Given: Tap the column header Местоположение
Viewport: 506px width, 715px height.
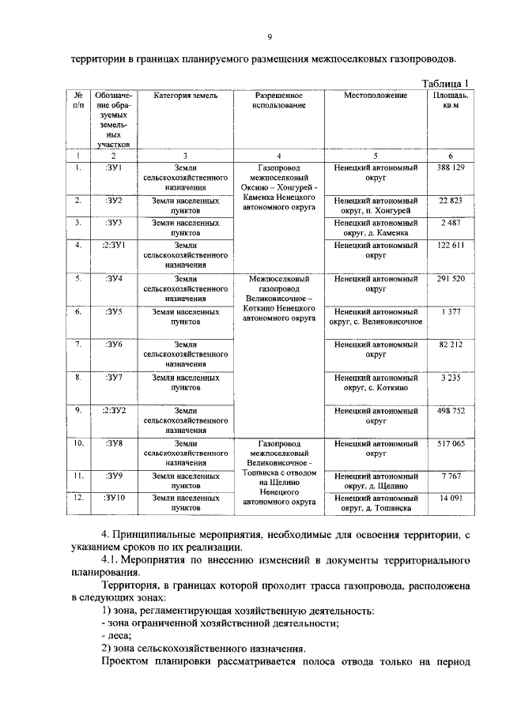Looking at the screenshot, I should click(376, 96).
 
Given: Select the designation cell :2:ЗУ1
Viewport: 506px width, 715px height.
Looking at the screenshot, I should click(114, 246).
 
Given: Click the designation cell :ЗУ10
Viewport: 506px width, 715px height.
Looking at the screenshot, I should click(114, 499).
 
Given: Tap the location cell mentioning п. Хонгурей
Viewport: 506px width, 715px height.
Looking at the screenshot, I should click(376, 205).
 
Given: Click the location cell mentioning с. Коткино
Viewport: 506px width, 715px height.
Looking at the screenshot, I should click(376, 383).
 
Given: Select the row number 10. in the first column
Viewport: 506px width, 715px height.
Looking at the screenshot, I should click(78, 444).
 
